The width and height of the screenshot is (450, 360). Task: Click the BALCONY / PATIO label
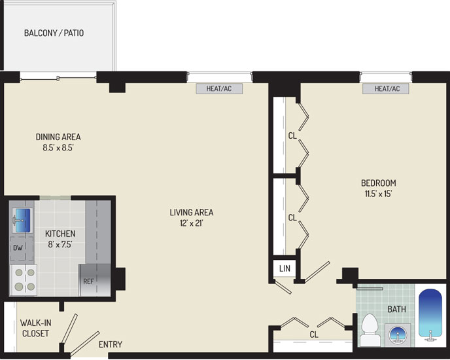pyautogui.click(x=54, y=33)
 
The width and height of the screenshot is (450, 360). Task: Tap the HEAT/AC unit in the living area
pyautogui.click(x=219, y=88)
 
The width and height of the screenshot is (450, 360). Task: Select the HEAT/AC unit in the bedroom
pyautogui.click(x=386, y=88)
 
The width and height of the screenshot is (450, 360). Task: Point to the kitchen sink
pyautogui.click(x=22, y=221)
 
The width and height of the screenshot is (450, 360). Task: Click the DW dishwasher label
pyautogui.click(x=18, y=247)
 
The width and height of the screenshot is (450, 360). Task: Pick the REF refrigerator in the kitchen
pyautogui.click(x=95, y=280)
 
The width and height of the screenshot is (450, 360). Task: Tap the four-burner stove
pyautogui.click(x=24, y=280)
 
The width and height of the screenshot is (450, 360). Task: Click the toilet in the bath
pyautogui.click(x=370, y=330)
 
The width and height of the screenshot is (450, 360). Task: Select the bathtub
pyautogui.click(x=430, y=315)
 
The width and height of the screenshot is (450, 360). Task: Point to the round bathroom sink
pyautogui.click(x=398, y=334)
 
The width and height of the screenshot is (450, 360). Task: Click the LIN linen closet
pyautogui.click(x=285, y=268)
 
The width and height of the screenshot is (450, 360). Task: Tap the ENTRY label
pyautogui.click(x=111, y=344)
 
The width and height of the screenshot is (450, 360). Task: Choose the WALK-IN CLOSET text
pyautogui.click(x=35, y=328)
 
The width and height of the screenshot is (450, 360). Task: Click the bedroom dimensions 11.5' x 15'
pyautogui.click(x=378, y=194)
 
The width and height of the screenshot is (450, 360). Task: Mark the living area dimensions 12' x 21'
pyautogui.click(x=192, y=223)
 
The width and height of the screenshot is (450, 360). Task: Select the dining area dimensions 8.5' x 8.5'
pyautogui.click(x=58, y=148)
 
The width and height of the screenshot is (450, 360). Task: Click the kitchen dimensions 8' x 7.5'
pyautogui.click(x=60, y=245)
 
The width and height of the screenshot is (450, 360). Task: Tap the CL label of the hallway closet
pyautogui.click(x=314, y=334)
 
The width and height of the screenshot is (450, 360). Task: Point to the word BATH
pyautogui.click(x=396, y=310)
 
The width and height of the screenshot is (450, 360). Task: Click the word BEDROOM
pyautogui.click(x=379, y=183)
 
